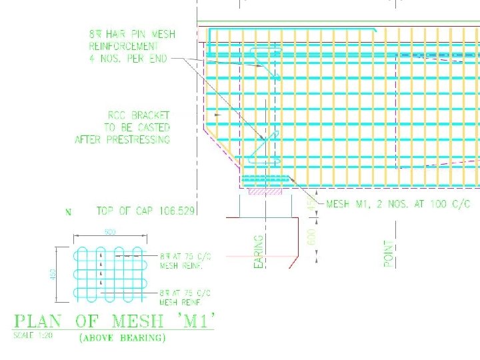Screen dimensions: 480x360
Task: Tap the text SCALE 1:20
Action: pyautogui.click(x=33, y=335)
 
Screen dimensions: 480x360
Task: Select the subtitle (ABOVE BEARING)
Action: pyautogui.click(x=123, y=338)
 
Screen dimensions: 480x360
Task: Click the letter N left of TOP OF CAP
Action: pyautogui.click(x=67, y=213)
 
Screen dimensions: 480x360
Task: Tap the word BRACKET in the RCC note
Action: pyautogui.click(x=151, y=115)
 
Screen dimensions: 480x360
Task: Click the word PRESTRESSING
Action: pyautogui.click(x=138, y=139)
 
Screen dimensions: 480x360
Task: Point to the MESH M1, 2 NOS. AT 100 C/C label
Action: pyautogui.click(x=397, y=205)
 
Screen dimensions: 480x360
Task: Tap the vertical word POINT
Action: pyautogui.click(x=389, y=254)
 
